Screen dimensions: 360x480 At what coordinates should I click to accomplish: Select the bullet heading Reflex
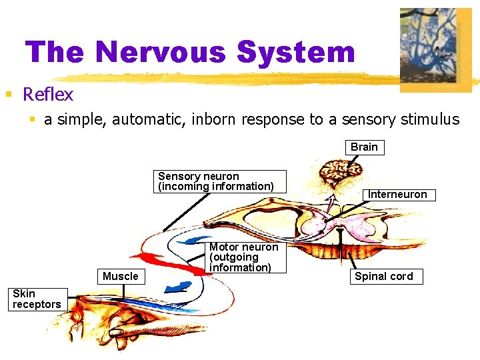(x=47, y=95)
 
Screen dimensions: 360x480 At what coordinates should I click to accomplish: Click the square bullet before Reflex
(x=9, y=94)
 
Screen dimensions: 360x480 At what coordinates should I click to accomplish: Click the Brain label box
(x=364, y=147)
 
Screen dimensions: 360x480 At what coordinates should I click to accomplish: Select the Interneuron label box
(x=398, y=195)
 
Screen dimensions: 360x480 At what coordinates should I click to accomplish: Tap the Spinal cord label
(x=384, y=277)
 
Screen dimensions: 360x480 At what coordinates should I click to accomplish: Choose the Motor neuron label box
(x=244, y=257)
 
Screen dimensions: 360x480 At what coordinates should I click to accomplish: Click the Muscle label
(x=121, y=277)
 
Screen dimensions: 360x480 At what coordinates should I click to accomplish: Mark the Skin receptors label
(x=37, y=299)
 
